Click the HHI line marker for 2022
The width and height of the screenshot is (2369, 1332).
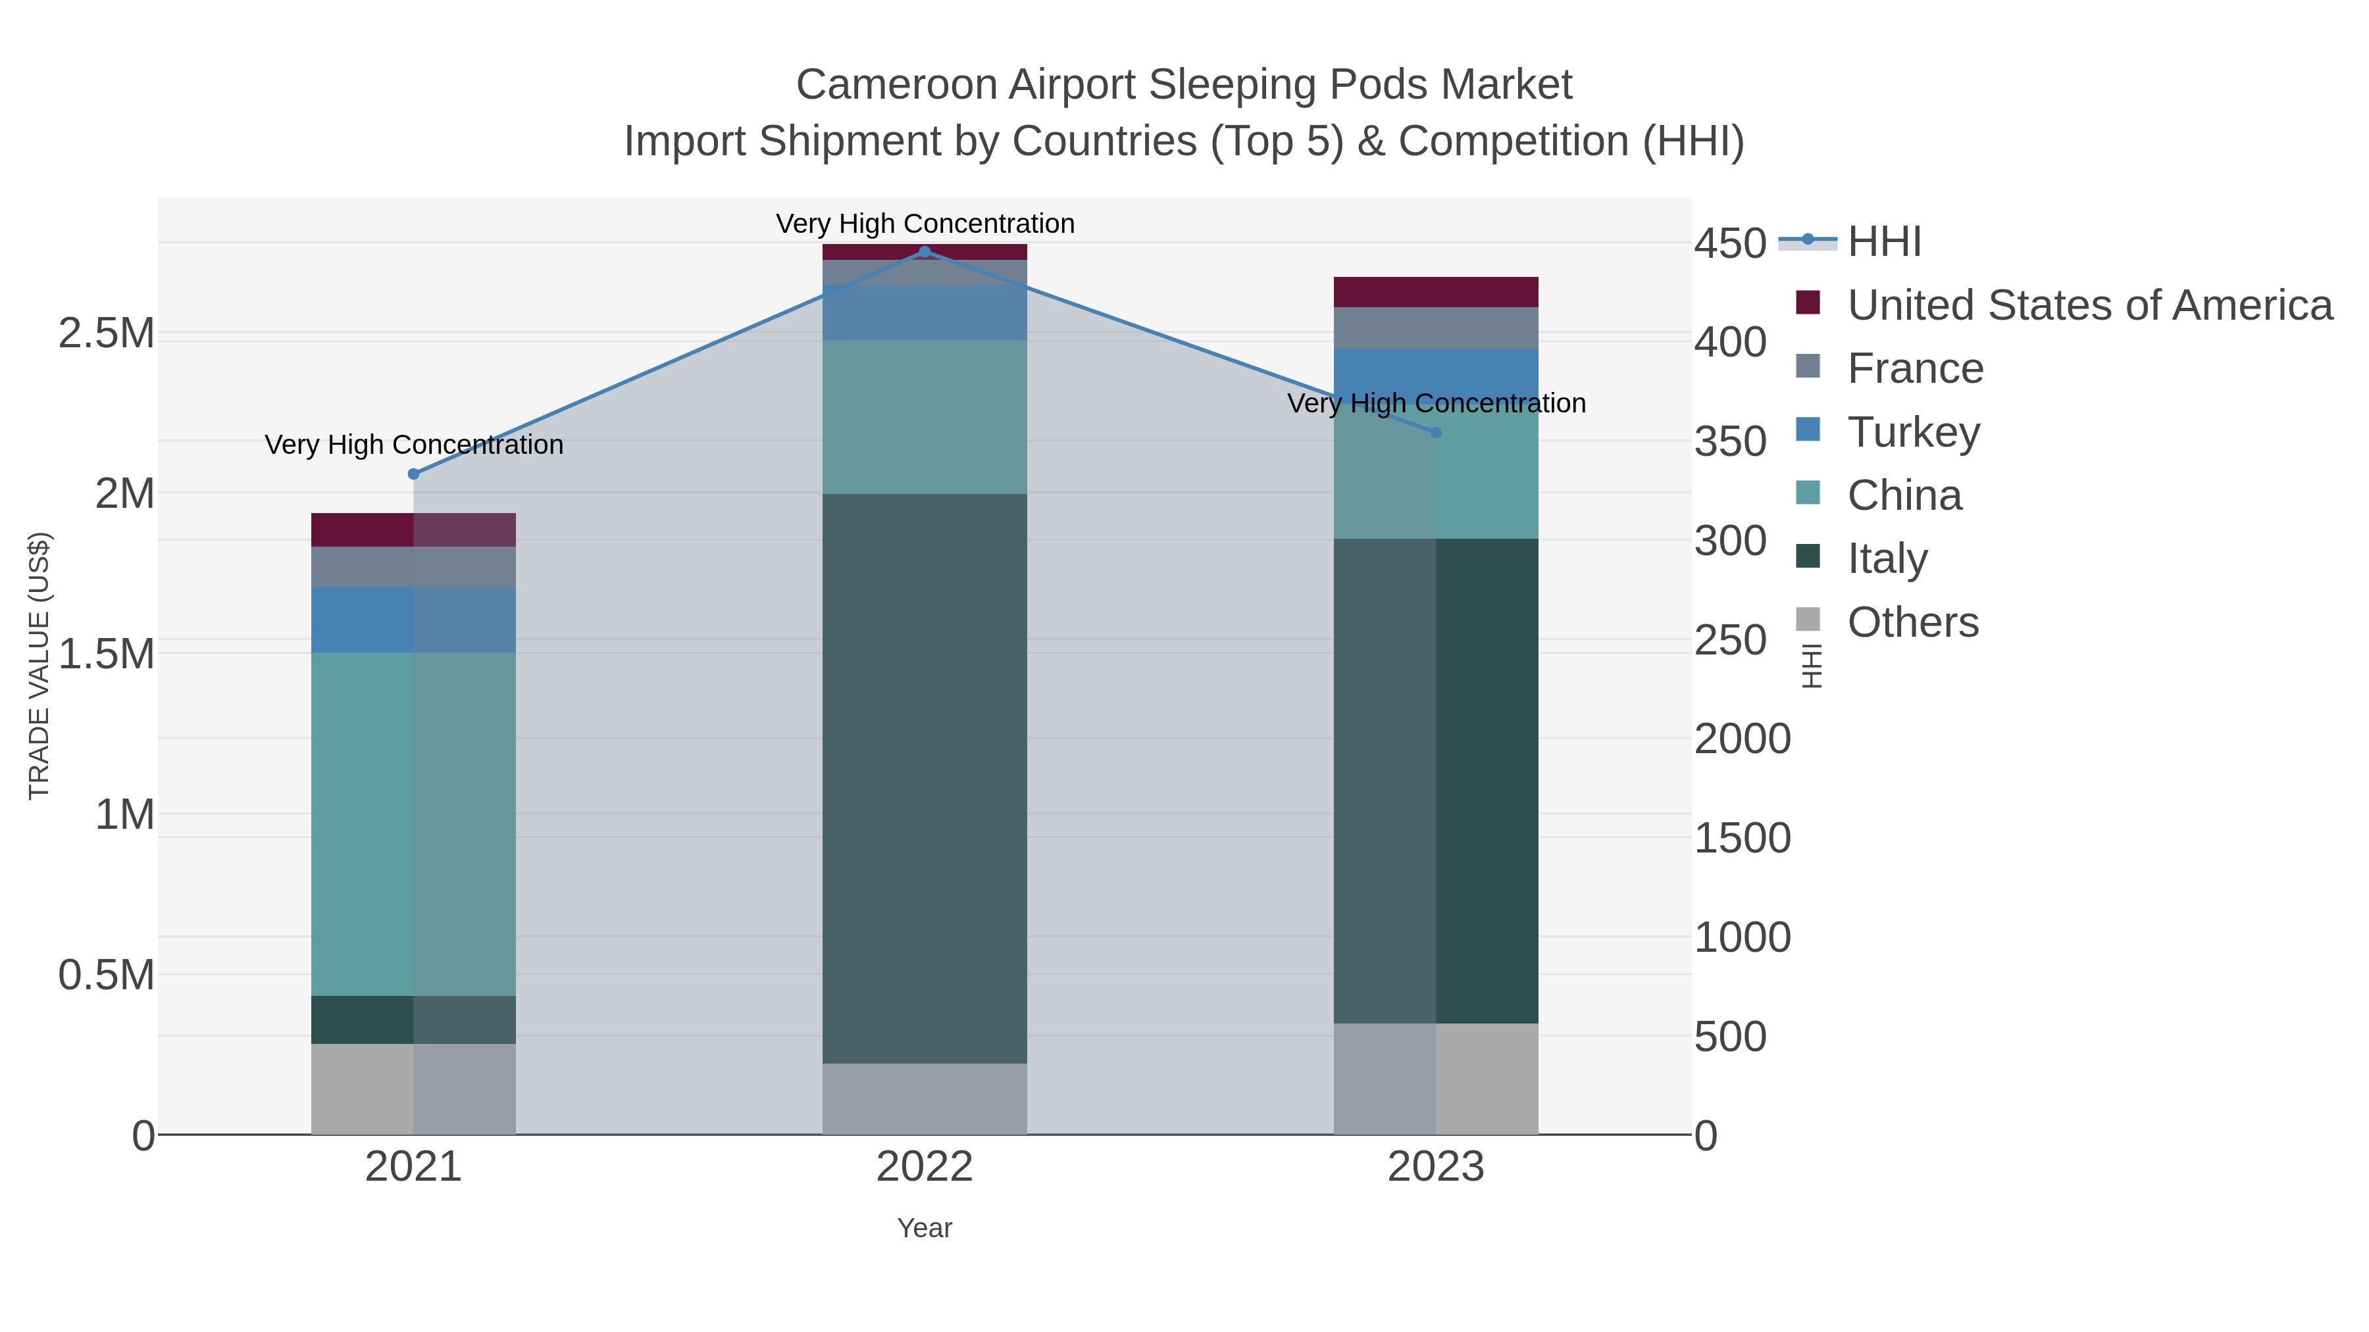(x=925, y=252)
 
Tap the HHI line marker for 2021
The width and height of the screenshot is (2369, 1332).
(x=414, y=474)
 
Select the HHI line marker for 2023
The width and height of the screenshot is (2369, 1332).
(x=1437, y=432)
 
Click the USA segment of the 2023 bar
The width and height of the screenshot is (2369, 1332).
(x=1436, y=292)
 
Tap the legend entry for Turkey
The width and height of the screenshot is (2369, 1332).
(x=1913, y=432)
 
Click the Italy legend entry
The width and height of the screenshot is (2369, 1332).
(x=1887, y=559)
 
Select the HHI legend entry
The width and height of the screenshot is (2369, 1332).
(x=1883, y=242)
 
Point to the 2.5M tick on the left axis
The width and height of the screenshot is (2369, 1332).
(x=106, y=333)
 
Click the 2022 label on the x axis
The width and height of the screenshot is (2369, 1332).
(x=925, y=1168)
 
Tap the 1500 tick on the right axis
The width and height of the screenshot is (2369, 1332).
(x=1743, y=839)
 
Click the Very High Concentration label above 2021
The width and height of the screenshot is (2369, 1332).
(x=414, y=445)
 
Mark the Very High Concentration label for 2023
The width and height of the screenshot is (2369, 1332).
(x=1437, y=404)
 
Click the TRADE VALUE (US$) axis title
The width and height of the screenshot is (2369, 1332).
(x=39, y=666)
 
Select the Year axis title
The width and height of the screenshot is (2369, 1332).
(x=925, y=1228)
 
